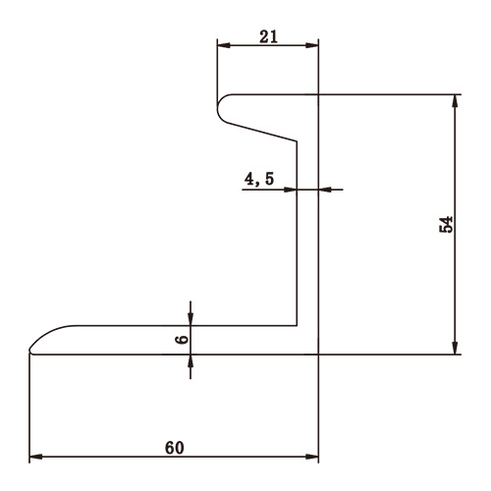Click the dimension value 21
click(267, 36)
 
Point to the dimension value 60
click(174, 447)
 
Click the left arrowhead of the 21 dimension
click(222, 46)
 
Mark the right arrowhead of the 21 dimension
click(314, 46)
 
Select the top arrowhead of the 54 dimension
click(455, 100)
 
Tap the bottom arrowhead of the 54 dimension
click(455, 348)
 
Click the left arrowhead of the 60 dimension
click(35, 458)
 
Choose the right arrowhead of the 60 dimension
click(314, 458)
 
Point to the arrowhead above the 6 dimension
click(191, 320)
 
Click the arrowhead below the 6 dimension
click(191, 360)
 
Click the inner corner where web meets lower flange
click(298, 326)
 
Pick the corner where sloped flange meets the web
click(298, 140)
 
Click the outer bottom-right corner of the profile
click(320, 354)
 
